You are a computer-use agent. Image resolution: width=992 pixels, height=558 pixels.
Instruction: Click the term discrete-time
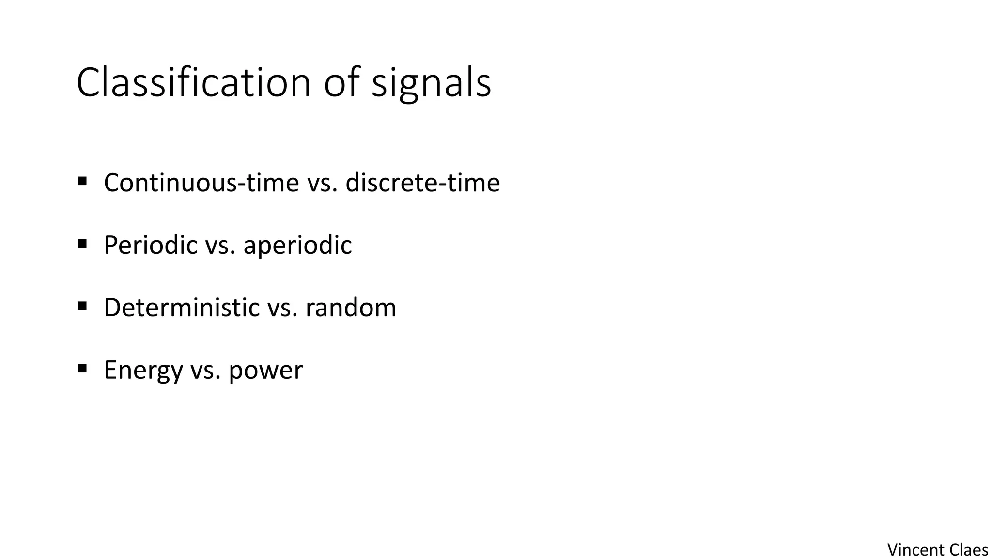tap(422, 183)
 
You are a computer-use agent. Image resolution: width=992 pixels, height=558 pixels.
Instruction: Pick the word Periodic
tap(151, 245)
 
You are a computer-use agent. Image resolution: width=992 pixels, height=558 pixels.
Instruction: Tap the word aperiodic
tap(297, 245)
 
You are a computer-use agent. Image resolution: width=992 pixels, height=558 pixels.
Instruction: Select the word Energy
tap(143, 370)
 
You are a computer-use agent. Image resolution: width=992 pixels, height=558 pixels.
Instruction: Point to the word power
tap(265, 370)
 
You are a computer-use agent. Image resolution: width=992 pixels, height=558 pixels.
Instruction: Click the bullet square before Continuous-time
tap(82, 181)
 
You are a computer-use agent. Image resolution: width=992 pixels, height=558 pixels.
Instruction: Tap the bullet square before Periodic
tap(82, 243)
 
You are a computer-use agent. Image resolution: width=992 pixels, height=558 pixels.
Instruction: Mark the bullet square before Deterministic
tap(82, 306)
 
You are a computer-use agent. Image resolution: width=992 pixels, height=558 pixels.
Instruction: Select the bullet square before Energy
tap(82, 369)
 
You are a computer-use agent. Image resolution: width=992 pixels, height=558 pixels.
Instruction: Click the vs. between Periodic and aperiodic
tap(220, 245)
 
